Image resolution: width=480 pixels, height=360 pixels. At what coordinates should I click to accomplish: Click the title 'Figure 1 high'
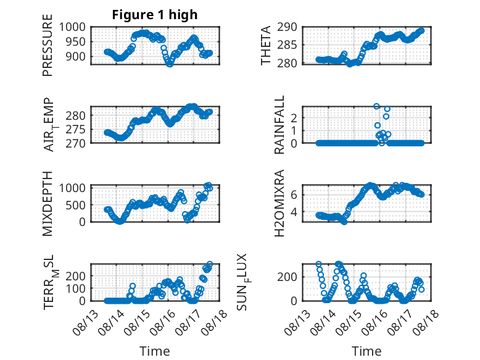[155, 15]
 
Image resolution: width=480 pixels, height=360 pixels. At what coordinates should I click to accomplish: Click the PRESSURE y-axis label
[48, 45]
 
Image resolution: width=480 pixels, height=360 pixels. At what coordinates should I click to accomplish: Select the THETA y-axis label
[266, 45]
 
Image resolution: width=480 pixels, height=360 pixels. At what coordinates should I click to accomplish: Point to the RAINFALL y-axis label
[279, 125]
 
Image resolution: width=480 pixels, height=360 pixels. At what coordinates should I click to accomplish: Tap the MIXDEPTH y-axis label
[48, 204]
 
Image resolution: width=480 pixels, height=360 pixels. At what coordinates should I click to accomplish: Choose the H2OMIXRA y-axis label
[279, 203]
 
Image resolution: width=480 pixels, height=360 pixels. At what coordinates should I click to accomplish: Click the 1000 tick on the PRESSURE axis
[72, 27]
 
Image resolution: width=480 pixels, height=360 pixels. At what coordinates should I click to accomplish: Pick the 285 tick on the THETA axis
[287, 45]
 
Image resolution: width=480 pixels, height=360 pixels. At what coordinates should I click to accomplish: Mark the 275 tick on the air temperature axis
[76, 129]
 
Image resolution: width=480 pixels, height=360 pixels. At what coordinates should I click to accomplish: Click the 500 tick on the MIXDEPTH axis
[76, 205]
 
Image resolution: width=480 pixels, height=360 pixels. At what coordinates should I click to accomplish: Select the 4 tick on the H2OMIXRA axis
[294, 211]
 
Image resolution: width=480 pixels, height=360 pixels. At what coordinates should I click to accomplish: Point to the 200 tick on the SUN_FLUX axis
[287, 277]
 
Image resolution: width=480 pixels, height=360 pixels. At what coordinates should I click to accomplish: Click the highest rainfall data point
[376, 106]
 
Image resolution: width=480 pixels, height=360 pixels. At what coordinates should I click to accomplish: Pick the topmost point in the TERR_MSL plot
[210, 264]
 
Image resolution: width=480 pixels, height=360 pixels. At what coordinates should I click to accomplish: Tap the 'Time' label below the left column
[155, 351]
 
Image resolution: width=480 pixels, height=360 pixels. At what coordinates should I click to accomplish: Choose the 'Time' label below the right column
[366, 351]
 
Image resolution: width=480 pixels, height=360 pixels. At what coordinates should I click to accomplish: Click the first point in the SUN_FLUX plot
[319, 264]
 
